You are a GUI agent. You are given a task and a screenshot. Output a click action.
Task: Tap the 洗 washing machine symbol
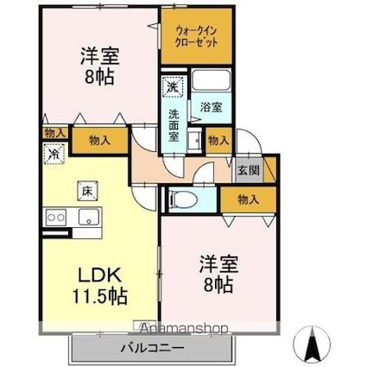click(172, 87)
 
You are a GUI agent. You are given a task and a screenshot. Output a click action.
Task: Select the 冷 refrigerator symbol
click(54, 154)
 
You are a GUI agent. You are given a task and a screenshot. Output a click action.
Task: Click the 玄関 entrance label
click(248, 169)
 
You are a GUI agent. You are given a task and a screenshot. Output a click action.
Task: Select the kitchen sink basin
click(88, 217)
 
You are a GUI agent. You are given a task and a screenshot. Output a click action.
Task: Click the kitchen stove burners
click(57, 217)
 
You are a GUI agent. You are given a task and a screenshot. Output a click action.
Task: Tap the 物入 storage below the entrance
click(249, 199)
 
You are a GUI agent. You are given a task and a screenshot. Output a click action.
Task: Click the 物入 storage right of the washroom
click(218, 140)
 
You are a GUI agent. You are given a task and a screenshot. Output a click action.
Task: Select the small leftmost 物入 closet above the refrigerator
click(54, 133)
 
